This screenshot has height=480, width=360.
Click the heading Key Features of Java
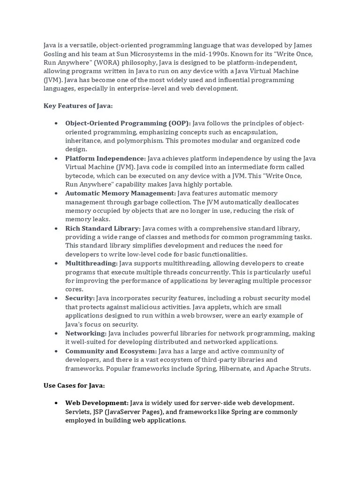coord(78,106)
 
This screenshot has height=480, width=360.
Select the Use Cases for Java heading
coord(74,385)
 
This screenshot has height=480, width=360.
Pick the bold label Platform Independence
coord(105,158)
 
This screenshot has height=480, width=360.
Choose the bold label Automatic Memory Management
coord(120,193)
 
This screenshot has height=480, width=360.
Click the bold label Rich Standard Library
coord(103,228)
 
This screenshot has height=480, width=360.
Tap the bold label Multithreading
coord(91,263)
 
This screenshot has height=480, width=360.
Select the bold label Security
coord(80,298)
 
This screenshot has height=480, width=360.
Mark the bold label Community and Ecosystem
coord(111,351)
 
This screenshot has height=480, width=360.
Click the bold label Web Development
coord(97,403)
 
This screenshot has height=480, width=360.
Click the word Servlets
coord(79,412)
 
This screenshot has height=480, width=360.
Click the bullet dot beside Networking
coord(56,333)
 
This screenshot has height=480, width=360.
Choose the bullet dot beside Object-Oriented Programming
coord(56,123)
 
